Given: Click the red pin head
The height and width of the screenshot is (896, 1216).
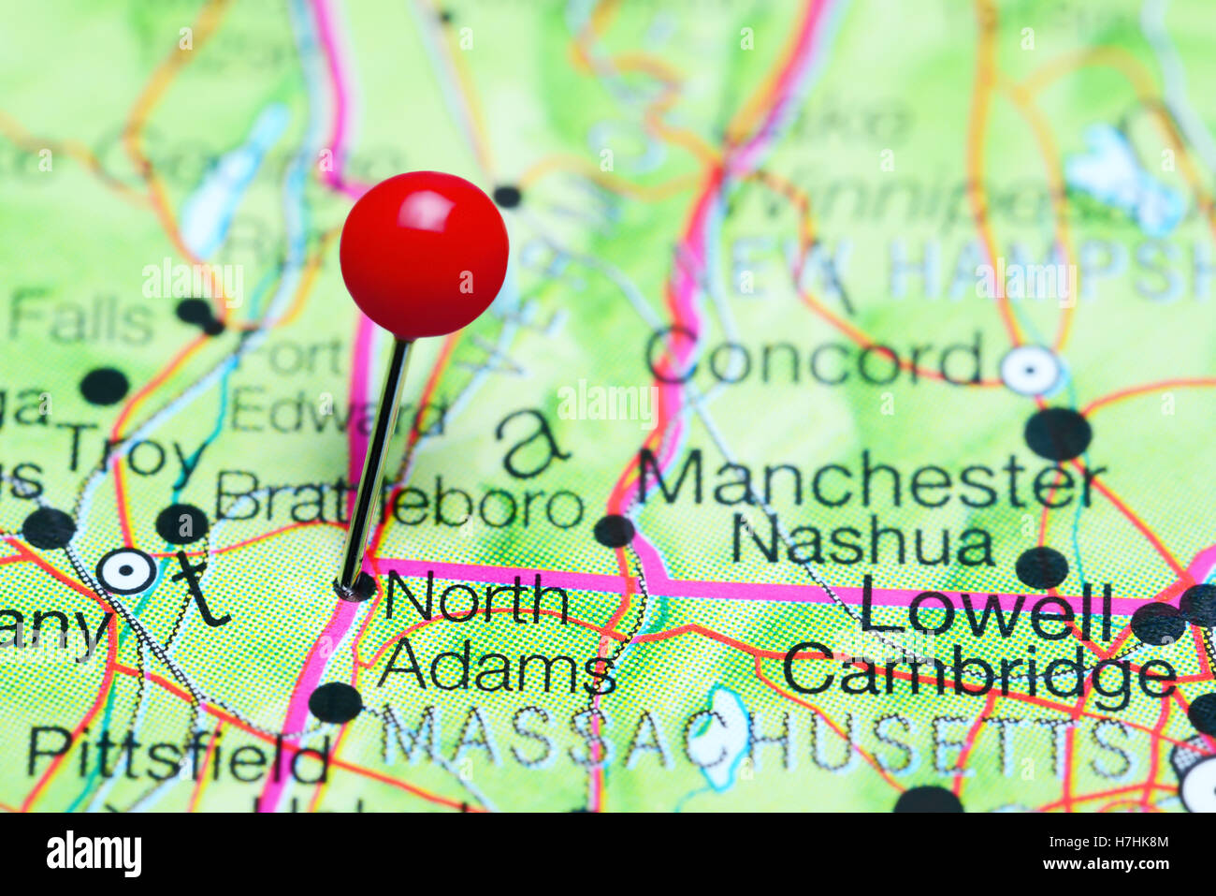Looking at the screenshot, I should click(x=424, y=253).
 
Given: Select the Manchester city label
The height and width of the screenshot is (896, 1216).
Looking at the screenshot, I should click(x=871, y=479).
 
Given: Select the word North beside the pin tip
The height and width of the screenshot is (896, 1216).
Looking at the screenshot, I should click(x=477, y=599).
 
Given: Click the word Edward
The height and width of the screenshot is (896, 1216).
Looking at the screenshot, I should click(x=337, y=411).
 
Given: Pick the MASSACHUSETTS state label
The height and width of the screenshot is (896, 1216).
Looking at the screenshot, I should click(x=758, y=740).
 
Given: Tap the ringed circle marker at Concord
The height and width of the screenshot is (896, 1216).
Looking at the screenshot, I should click(x=1030, y=371).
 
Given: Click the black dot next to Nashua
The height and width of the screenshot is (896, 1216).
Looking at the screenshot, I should click(x=1041, y=567).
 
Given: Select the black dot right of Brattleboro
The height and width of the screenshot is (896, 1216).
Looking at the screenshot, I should click(x=615, y=531).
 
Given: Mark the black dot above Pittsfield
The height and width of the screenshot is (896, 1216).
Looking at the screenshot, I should click(x=335, y=702).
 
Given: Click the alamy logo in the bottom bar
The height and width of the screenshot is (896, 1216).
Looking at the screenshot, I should click(x=94, y=854).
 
